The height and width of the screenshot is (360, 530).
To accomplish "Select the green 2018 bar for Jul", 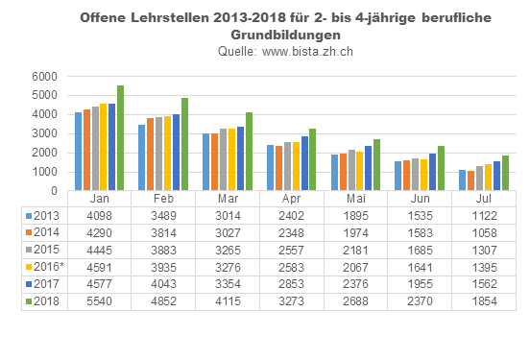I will (505, 164).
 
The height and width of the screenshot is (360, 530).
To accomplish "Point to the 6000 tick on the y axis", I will (43, 77).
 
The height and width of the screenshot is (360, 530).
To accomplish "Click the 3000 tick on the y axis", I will (43, 133).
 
